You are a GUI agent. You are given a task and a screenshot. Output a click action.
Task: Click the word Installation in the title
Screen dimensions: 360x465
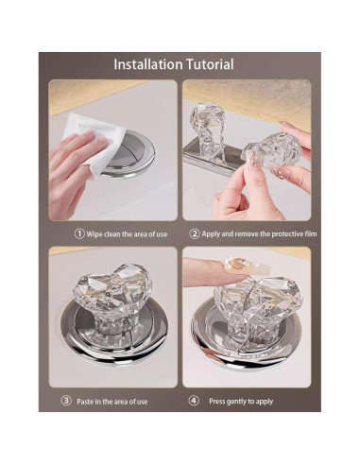(x=148, y=64)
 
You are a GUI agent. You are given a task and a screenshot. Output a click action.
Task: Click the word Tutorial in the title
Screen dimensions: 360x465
(x=210, y=64)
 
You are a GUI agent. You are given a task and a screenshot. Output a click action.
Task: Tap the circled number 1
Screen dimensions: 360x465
(x=79, y=233)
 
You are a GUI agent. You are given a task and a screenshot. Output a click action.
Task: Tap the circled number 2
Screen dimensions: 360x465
(x=195, y=233)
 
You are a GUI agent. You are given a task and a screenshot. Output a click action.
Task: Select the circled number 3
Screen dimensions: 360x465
(x=66, y=401)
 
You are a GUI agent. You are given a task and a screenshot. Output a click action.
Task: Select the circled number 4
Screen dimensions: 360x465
(x=194, y=401)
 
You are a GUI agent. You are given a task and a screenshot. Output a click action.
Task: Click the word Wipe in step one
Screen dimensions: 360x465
(x=94, y=234)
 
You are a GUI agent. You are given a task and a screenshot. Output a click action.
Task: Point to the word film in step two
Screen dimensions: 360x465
(x=311, y=233)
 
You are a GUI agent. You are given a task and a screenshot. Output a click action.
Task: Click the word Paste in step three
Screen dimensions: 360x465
(x=85, y=402)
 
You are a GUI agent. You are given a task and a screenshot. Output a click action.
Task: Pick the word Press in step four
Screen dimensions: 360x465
(x=217, y=401)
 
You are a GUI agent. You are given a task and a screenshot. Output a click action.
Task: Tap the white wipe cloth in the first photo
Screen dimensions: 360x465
(x=95, y=142)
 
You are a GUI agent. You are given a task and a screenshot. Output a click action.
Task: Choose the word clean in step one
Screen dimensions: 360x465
(x=111, y=234)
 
